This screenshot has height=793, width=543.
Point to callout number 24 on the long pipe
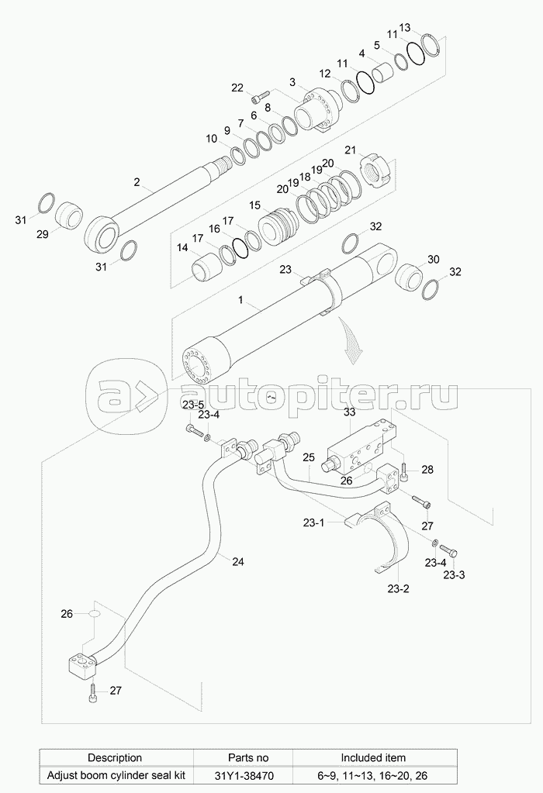click(238, 560)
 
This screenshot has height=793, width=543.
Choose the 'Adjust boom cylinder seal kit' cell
click(114, 774)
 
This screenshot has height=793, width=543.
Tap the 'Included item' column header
click(373, 757)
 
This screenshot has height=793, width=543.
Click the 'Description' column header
click(114, 757)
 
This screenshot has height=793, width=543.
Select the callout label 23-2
click(399, 588)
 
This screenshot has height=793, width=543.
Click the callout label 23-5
click(193, 405)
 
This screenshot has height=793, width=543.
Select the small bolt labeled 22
click(257, 98)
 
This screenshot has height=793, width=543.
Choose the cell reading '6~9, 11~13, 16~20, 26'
click(373, 774)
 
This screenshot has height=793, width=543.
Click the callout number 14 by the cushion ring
click(182, 248)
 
